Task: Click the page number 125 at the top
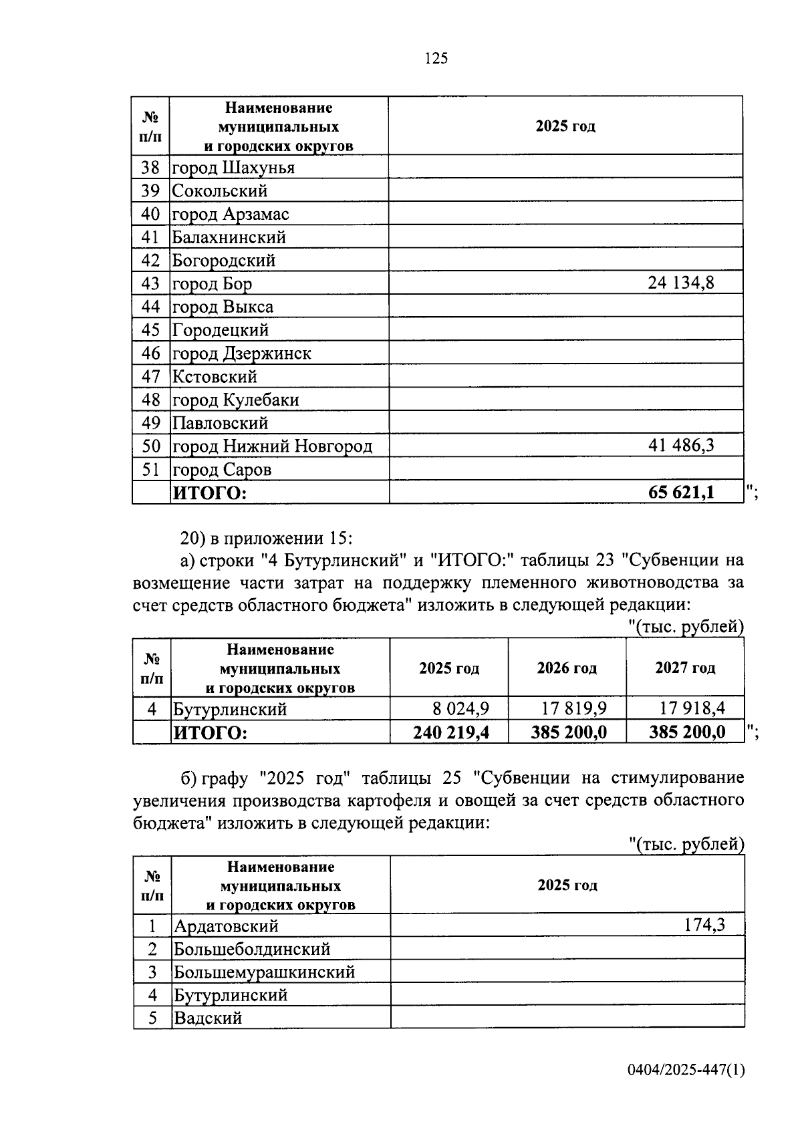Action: point(436,59)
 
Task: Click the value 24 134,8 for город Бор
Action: point(680,283)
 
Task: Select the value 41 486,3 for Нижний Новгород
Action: point(680,446)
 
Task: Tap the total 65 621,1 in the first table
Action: point(681,492)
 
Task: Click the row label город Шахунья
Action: point(233,168)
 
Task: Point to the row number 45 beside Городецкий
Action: point(151,330)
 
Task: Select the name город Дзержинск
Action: point(242,353)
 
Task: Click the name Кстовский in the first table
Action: point(215,377)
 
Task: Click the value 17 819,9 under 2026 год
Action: point(573,708)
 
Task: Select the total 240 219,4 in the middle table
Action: point(451,732)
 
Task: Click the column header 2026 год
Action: point(567,668)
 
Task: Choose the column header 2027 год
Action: point(685,668)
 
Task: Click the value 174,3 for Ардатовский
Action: point(704,926)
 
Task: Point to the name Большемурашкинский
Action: point(264,972)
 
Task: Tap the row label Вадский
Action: point(208,1018)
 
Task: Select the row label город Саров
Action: point(222,470)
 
